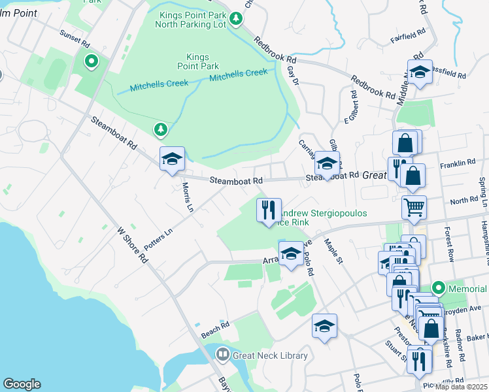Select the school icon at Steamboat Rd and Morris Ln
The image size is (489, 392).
172,159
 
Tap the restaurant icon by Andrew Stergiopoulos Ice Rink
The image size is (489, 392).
269,210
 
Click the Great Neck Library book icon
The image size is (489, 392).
223,355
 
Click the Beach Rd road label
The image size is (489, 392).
215,330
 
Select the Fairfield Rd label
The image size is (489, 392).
409,35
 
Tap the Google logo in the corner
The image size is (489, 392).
22,384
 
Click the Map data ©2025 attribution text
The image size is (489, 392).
461,386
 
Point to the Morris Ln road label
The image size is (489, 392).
187,195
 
